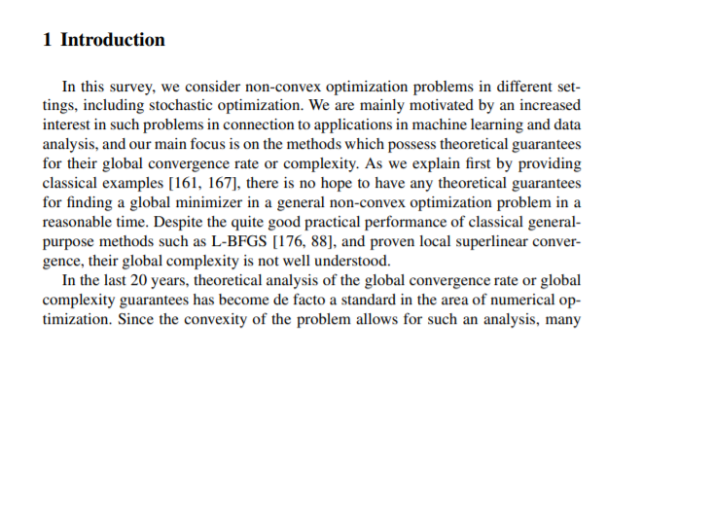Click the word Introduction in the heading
point(113,40)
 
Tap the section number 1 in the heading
point(48,40)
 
